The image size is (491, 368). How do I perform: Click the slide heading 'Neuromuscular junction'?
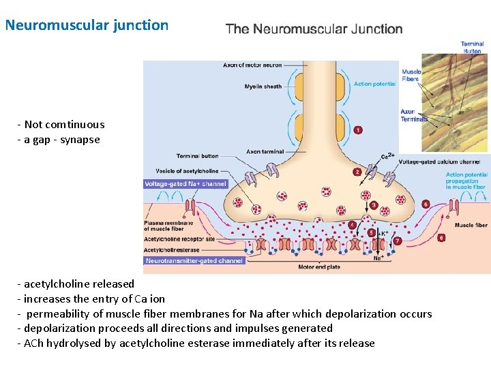[x=87, y=25]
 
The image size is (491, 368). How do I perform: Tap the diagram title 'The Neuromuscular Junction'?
[x=314, y=29]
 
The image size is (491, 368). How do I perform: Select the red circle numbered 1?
[x=358, y=130]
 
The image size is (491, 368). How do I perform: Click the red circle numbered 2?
[x=357, y=172]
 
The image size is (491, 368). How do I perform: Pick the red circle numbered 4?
[x=352, y=224]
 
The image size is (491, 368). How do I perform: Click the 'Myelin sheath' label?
[x=263, y=87]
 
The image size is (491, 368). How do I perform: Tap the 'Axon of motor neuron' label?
[x=252, y=65]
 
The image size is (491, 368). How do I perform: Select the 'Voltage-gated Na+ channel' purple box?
[x=185, y=184]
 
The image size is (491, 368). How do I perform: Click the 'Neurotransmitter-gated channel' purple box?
[x=194, y=260]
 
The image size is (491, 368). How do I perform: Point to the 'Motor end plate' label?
[x=318, y=267]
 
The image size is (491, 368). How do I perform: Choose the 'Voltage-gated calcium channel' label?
[x=438, y=162]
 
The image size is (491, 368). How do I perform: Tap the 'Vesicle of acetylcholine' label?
[x=177, y=170]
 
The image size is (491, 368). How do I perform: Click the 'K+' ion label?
[x=384, y=233]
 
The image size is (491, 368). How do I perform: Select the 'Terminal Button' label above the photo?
[x=472, y=47]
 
